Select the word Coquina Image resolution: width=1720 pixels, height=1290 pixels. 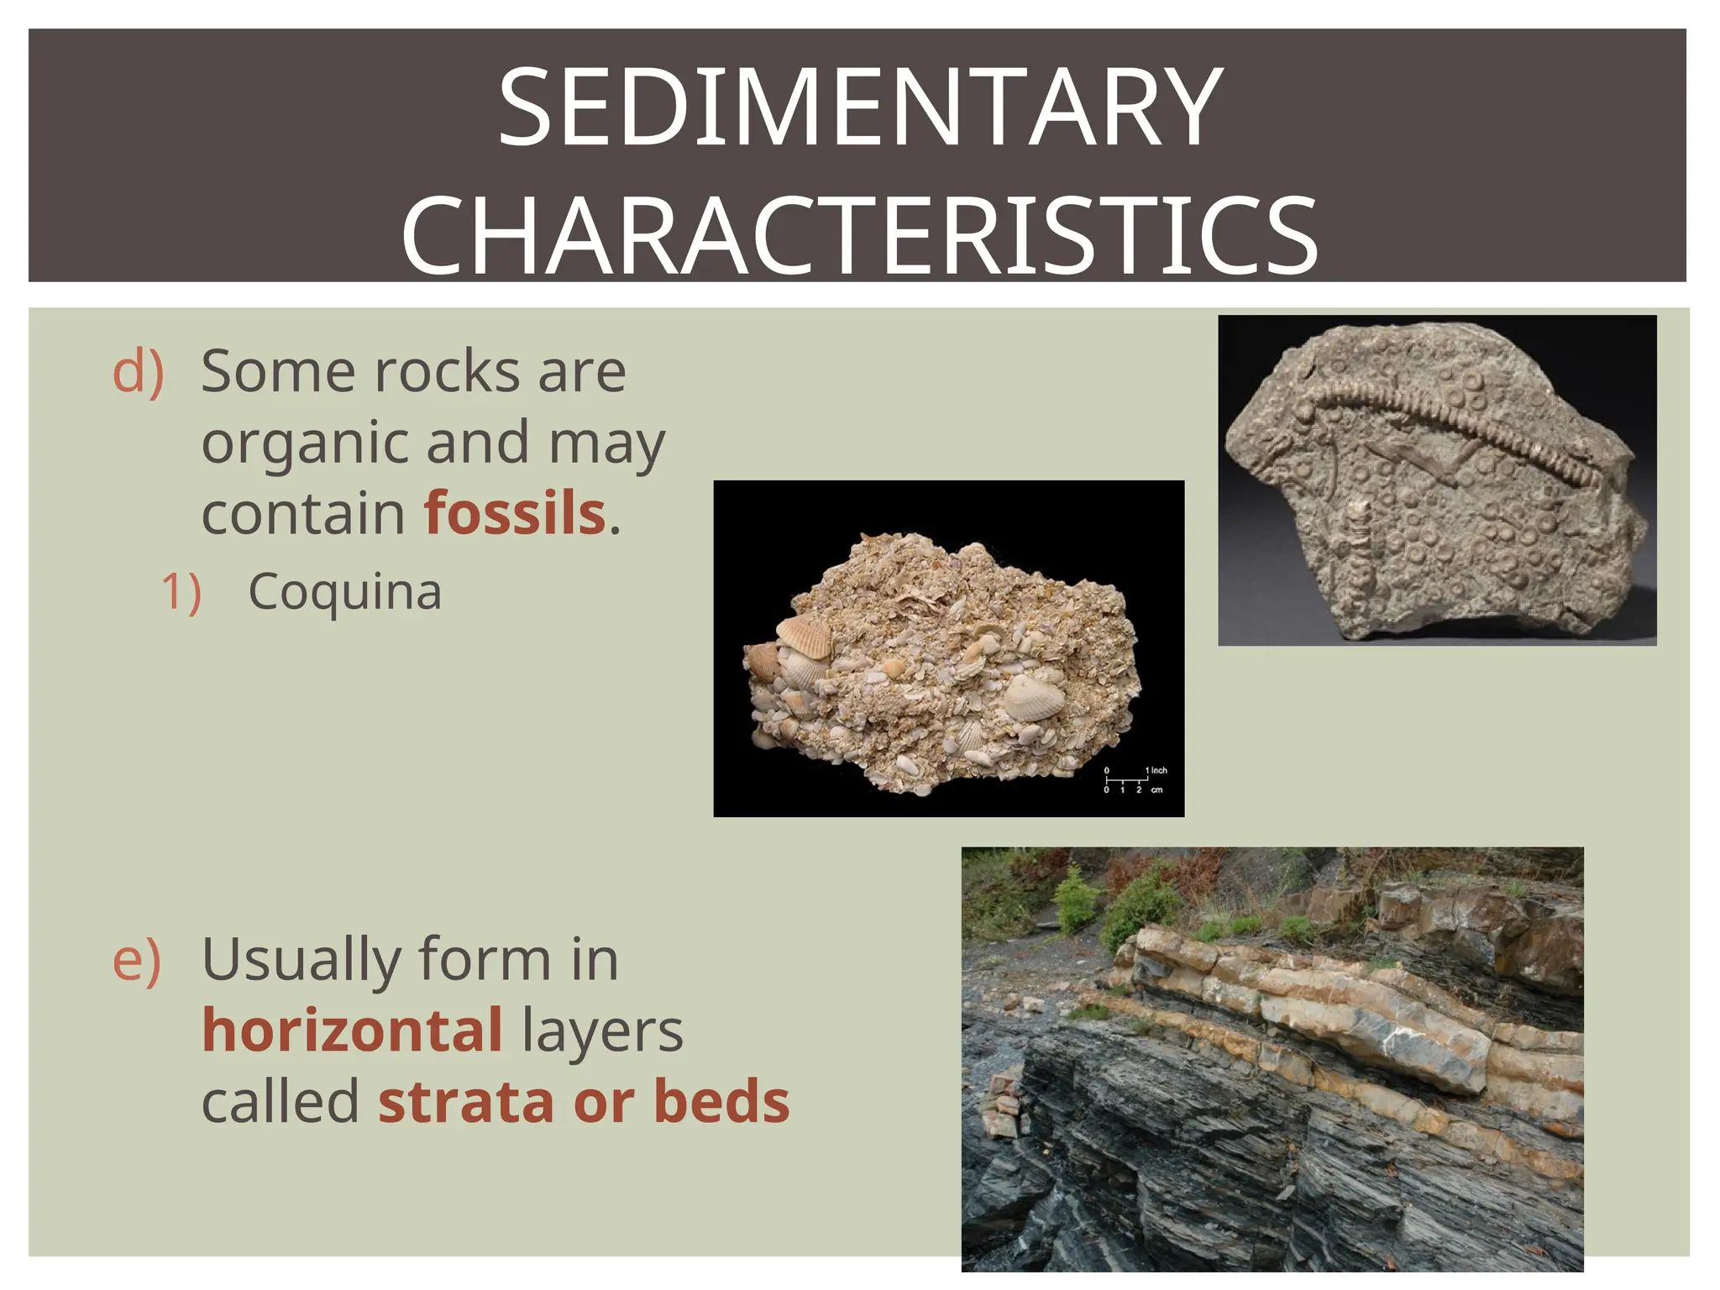(344, 591)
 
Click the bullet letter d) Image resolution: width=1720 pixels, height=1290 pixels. (138, 371)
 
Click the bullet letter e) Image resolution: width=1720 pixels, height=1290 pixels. (136, 959)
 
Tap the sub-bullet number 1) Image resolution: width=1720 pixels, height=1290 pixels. (181, 592)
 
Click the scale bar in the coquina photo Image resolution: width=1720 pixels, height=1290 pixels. (1126, 779)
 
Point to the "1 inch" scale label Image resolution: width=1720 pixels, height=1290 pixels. (1156, 769)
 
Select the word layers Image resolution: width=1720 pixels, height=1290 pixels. (601, 1031)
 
